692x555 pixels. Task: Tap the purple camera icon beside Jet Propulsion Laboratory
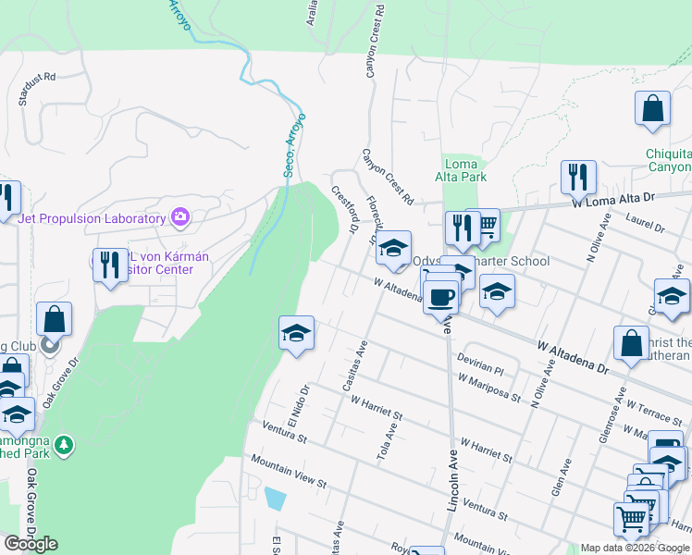(180, 218)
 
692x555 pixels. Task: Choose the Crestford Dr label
(345, 210)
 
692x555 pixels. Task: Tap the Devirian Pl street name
(480, 362)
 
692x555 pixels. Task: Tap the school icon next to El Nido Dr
(296, 333)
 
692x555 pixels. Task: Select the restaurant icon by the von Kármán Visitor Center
(110, 265)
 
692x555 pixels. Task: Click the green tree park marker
(64, 446)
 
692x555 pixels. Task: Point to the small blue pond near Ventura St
(275, 498)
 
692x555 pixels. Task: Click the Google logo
(31, 544)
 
